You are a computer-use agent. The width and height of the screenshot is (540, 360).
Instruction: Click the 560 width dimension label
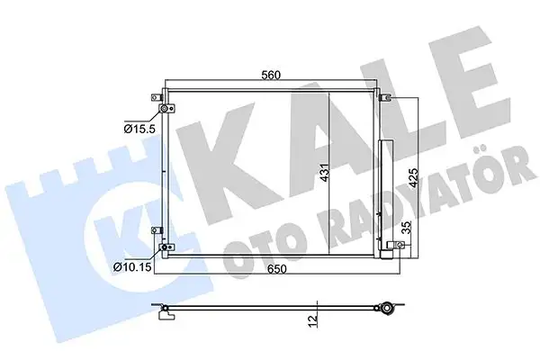270,76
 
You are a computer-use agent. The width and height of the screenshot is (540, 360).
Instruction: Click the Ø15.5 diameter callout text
141,130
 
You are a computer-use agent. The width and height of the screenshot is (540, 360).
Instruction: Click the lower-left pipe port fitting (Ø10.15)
165,247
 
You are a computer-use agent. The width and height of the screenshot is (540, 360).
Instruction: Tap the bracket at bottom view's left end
165,312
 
